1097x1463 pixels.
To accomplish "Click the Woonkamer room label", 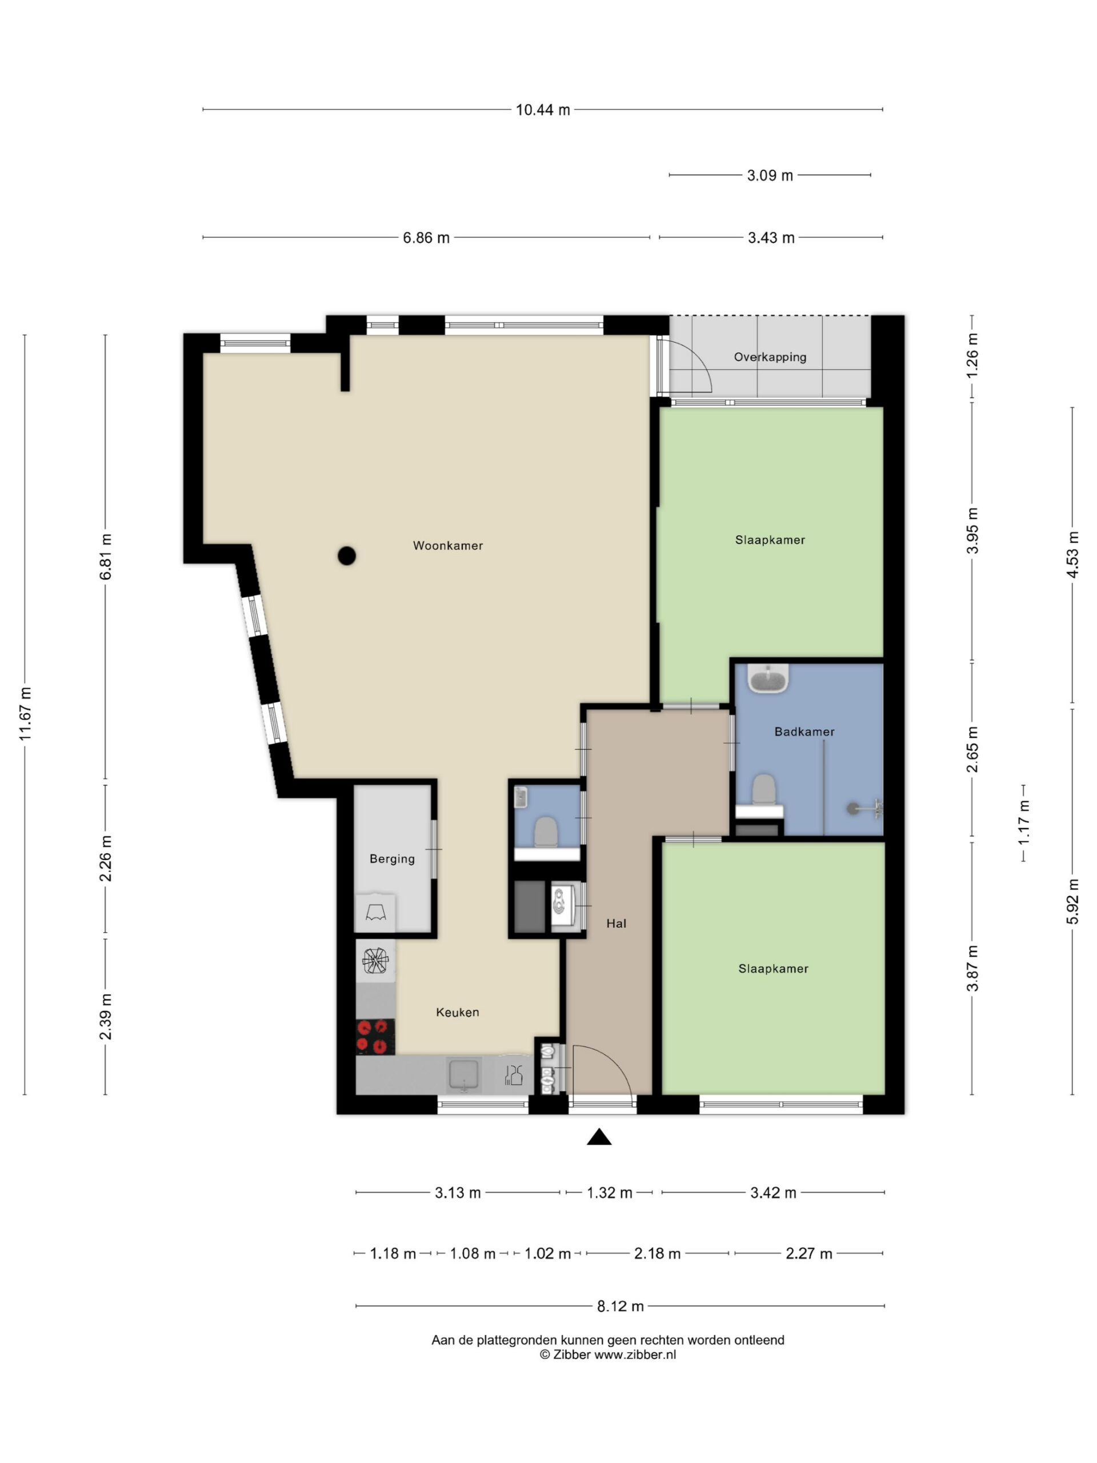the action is [x=448, y=546].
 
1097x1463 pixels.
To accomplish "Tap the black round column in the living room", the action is [x=346, y=555].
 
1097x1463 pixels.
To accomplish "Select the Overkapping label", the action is [x=770, y=357].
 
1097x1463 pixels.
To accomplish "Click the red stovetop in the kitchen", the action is [x=375, y=1037].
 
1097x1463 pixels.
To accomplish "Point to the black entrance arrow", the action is [x=599, y=1136].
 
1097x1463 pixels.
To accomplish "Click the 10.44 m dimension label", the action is [x=542, y=110].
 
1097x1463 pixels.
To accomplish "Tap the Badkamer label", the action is [x=804, y=731].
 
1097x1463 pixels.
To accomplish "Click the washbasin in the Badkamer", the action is [x=768, y=678].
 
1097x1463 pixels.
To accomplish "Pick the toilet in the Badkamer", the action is [x=763, y=790].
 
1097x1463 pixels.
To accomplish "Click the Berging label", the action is [x=392, y=859].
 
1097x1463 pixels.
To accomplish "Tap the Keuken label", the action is [x=458, y=1012].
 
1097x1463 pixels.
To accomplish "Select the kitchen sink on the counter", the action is [x=463, y=1074].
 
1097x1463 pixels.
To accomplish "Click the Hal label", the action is [x=616, y=924].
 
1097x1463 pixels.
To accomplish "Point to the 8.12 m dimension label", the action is [x=620, y=1306].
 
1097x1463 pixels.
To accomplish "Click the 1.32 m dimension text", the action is [x=609, y=1193].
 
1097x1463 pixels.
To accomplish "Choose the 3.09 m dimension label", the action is [x=770, y=176].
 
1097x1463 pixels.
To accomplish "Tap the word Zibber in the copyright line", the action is [x=572, y=1354].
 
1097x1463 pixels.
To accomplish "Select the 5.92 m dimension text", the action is [x=1072, y=901].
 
